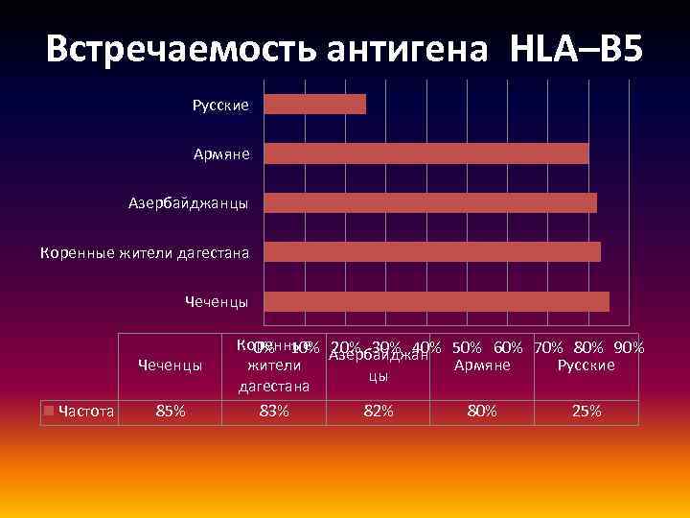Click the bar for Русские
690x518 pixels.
click(x=314, y=104)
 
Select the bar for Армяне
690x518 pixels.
click(x=426, y=153)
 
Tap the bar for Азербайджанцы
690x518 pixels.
click(x=430, y=202)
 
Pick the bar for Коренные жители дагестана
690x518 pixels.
click(x=432, y=251)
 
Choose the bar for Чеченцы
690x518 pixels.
click(x=436, y=301)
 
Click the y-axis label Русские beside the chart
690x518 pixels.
click(x=220, y=105)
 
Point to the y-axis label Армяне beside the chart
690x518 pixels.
click(x=221, y=153)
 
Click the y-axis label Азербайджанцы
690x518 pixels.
click(x=189, y=203)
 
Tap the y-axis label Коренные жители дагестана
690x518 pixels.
click(x=144, y=253)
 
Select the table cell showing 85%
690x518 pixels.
click(x=170, y=412)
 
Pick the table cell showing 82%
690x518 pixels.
click(x=378, y=412)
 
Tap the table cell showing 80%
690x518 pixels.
click(x=482, y=412)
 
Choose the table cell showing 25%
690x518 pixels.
click(x=586, y=412)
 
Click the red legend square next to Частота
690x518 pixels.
click(x=50, y=412)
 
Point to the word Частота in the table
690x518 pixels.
click(x=86, y=412)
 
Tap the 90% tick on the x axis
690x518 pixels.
click(x=629, y=347)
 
